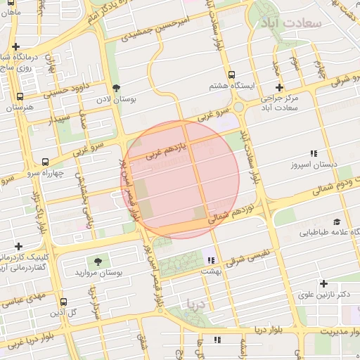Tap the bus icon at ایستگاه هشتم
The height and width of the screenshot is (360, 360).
click(231, 74)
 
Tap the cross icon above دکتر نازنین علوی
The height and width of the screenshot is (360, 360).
click(323, 284)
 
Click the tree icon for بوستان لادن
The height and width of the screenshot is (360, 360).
click(116, 88)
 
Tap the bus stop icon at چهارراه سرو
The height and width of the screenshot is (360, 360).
click(46, 162)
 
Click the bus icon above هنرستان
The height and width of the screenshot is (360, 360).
click(19, 97)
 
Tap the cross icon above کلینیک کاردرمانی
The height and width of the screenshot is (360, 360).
click(18, 246)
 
